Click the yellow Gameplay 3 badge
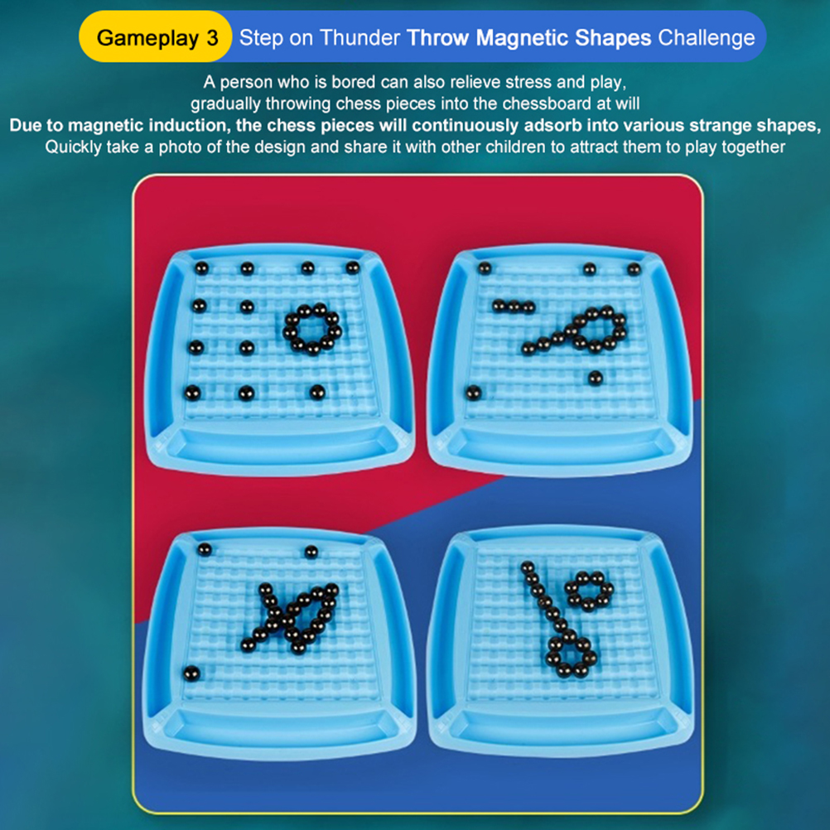[x=156, y=37]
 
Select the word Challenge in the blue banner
[x=706, y=38]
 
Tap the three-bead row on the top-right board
[x=514, y=306]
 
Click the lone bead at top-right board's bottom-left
[x=473, y=393]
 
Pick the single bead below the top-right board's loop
[x=595, y=378]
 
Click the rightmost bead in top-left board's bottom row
[x=317, y=393]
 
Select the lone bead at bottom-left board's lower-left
[x=191, y=673]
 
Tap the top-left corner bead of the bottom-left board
[x=205, y=549]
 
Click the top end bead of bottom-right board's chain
[x=527, y=568]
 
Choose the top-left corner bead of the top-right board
[x=485, y=268]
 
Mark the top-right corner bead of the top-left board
[x=353, y=268]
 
